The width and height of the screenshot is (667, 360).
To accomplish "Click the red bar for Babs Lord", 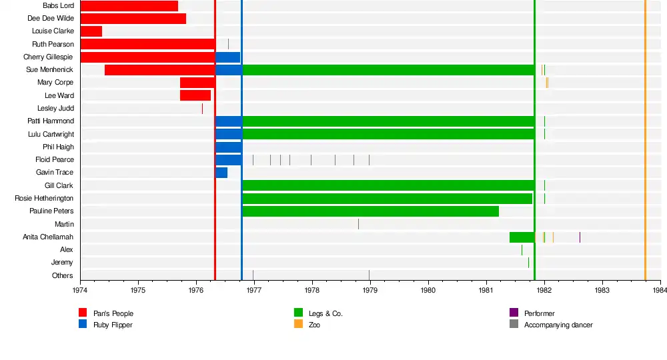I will point(129,6).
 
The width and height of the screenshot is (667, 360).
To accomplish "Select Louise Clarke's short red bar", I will point(91,31).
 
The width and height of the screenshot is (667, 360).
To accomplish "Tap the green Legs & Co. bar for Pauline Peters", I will point(370,211).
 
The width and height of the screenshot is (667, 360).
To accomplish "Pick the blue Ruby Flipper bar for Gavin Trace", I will point(221,173).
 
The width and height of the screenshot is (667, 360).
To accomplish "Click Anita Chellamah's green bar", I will point(522,237).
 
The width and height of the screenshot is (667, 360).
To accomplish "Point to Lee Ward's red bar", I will point(195,95).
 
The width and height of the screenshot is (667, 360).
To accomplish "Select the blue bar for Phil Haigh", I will point(229,147).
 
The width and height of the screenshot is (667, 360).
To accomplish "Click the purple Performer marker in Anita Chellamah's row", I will point(580,237).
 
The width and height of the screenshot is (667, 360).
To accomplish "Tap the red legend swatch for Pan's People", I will point(83,313).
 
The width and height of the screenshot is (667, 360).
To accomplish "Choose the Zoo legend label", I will point(314,325).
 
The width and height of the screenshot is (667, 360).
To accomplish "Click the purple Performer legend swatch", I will point(514,313).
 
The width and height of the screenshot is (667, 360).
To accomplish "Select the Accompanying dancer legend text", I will point(558,325).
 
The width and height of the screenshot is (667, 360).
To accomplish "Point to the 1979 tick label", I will point(370,290).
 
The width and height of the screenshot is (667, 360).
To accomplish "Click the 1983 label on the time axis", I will point(602,290).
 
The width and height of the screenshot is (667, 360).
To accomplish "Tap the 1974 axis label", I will point(80,290).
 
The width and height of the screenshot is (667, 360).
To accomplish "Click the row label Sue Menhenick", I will point(50,70).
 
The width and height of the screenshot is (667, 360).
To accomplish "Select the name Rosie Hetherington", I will point(44,199).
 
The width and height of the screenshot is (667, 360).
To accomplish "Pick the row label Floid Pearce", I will point(55,160).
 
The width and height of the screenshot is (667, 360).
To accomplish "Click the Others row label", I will point(63,275).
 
